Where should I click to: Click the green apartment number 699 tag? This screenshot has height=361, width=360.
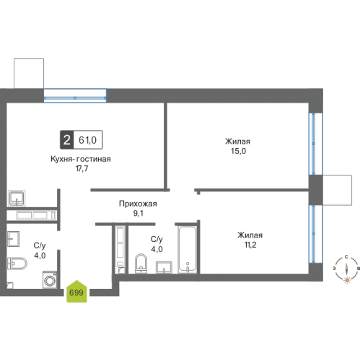pyautogui.click(x=76, y=292)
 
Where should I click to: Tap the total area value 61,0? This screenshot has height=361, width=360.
pyautogui.click(x=87, y=140)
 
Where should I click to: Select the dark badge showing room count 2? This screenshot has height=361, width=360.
pyautogui.click(x=66, y=140)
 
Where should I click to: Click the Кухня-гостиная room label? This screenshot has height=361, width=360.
pyautogui.click(x=81, y=159)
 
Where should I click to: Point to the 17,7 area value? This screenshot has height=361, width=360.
pyautogui.click(x=82, y=169)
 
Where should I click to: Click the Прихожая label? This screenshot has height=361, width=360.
pyautogui.click(x=138, y=204)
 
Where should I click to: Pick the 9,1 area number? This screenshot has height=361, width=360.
pyautogui.click(x=139, y=213)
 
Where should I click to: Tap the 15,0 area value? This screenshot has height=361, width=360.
pyautogui.click(x=238, y=151)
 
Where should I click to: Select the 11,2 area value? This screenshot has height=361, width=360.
pyautogui.click(x=250, y=245)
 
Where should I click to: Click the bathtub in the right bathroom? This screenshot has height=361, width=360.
pyautogui.click(x=187, y=250)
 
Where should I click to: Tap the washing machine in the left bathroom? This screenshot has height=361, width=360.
pyautogui.click(x=50, y=279)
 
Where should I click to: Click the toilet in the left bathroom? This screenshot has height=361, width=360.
pyautogui.click(x=17, y=264)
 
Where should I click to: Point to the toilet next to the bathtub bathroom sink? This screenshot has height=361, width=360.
pyautogui.click(x=141, y=264)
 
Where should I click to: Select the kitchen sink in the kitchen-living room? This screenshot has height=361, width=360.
pyautogui.click(x=17, y=199)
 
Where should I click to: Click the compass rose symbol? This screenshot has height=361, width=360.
pyautogui.click(x=346, y=269)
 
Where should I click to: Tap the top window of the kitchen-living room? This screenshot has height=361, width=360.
pyautogui.click(x=75, y=96)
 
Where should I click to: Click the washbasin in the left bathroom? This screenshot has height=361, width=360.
pyautogui.click(x=13, y=239)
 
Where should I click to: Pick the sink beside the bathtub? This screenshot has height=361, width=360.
pyautogui.click(x=164, y=267)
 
